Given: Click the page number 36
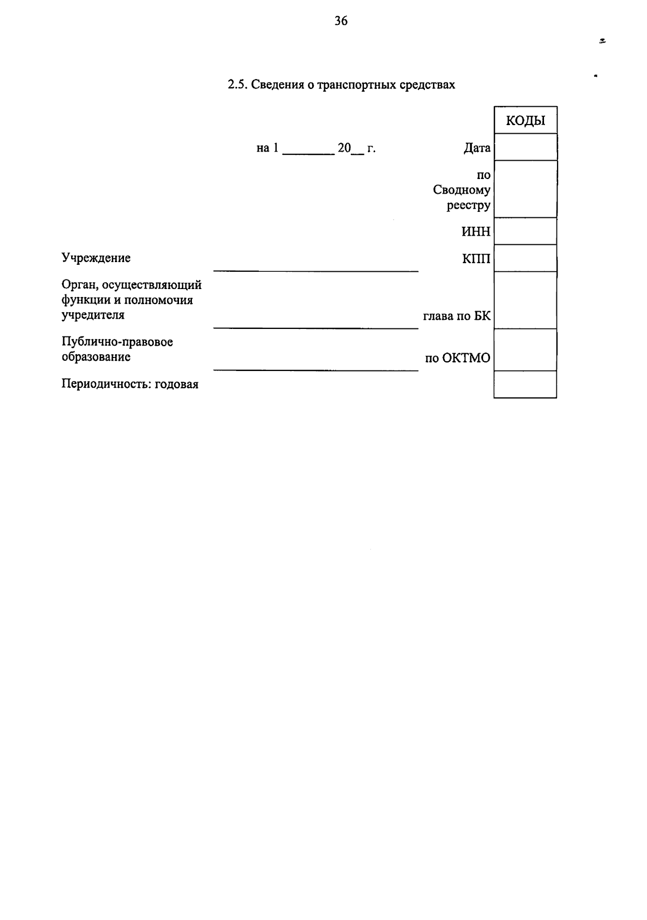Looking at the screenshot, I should pos(341,22).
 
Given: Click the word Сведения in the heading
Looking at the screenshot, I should pos(274,85).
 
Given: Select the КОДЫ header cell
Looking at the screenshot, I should pos(525,120).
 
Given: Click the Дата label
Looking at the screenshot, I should pos(477,148).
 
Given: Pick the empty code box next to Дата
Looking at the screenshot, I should pos(525,147).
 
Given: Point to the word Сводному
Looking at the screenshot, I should pos(462,190).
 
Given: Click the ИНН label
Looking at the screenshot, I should pos(476,232).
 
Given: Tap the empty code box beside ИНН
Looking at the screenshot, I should pos(525,231).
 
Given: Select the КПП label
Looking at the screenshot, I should pos(476,259).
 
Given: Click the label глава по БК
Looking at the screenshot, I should pos(457,316).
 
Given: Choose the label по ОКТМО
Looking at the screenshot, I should pos(458,358).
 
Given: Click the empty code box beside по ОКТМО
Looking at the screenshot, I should pos(525,350).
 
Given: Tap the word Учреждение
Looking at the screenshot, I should pos(96,258).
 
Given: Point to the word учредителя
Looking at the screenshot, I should pos(93,315).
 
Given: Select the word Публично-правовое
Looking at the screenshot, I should pos(117,342).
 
